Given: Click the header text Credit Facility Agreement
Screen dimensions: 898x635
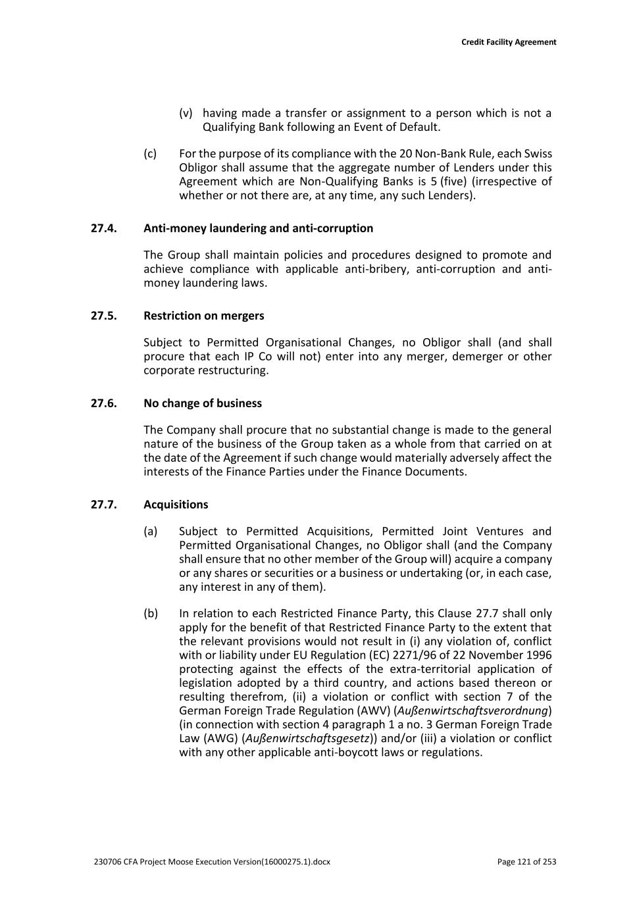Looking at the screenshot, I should [508, 42].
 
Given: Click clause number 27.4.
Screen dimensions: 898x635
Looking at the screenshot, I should [103, 228].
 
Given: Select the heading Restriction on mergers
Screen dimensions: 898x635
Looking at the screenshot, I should [203, 316].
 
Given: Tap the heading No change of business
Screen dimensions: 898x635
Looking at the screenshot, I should [202, 403].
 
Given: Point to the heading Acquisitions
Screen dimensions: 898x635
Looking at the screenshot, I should [176, 505].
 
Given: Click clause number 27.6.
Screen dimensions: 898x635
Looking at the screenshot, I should [103, 403].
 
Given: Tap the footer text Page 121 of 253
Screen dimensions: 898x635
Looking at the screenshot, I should [526, 862].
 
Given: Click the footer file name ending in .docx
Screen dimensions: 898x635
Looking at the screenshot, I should [213, 862].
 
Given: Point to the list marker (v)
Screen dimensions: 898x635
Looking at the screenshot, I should [186, 113].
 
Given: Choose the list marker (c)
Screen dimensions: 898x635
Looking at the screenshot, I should [150, 154].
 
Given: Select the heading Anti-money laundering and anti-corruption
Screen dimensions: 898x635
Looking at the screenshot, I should [258, 228].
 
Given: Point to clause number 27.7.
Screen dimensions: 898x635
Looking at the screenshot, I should [103, 505].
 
